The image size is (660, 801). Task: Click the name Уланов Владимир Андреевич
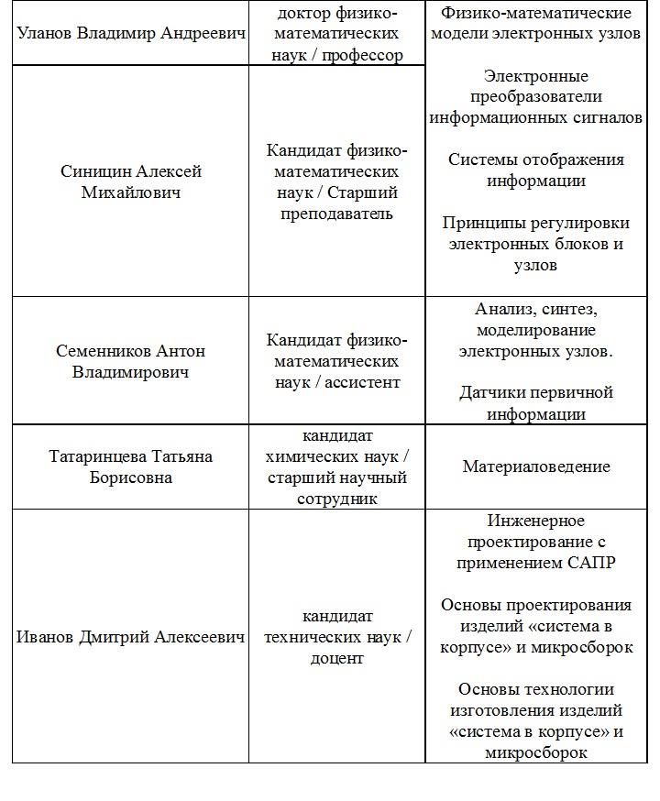[x=131, y=34]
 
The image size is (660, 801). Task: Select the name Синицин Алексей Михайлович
[x=131, y=181]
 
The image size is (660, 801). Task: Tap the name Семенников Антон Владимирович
[x=131, y=362]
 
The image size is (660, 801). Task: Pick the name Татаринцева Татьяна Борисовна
[x=131, y=466]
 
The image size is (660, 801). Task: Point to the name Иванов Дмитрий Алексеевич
[x=131, y=637]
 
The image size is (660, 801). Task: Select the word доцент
[x=337, y=658]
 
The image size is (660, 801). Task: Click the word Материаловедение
[x=536, y=466]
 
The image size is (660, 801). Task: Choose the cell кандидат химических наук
[x=337, y=466]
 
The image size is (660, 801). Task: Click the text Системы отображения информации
[x=536, y=170]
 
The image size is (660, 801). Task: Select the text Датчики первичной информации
[x=536, y=403]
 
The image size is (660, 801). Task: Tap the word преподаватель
[x=337, y=214]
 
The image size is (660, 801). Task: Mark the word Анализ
[x=505, y=309]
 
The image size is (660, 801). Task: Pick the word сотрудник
[x=337, y=499]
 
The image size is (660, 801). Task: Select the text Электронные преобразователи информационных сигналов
[x=536, y=97]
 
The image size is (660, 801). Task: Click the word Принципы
[x=484, y=223]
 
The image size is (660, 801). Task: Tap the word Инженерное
[x=536, y=521]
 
